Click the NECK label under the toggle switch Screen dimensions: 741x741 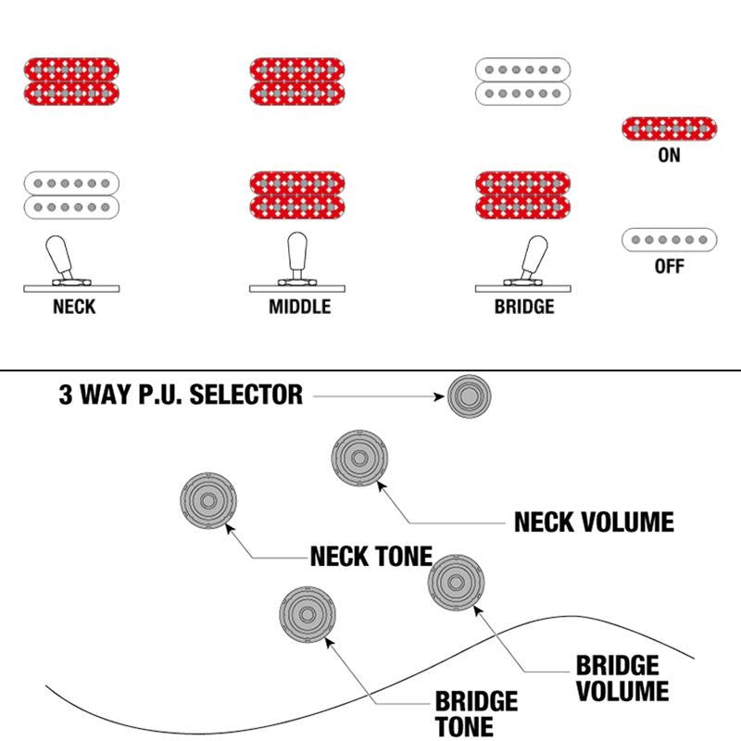pos(74,306)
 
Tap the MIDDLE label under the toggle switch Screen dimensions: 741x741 pos(299,306)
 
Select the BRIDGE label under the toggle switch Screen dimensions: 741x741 pos(524,306)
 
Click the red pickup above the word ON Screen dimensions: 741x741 pos(669,128)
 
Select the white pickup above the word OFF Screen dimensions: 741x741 pos(669,240)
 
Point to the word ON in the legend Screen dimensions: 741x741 pos(669,156)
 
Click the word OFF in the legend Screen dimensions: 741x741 pos(669,267)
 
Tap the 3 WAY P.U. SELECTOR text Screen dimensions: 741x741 pos(181,396)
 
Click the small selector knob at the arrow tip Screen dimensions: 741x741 pos(470,396)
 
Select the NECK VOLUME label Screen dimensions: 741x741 pos(594,522)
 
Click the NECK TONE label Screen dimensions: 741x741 pos(370,557)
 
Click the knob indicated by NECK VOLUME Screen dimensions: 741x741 pos(358,457)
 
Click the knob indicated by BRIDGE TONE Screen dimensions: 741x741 pos(307,614)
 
